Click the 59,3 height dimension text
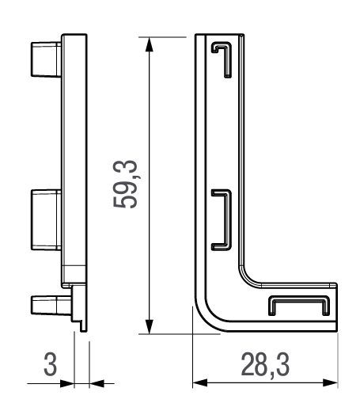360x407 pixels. click(125, 184)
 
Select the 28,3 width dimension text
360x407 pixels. click(265, 365)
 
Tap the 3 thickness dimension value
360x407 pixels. click(50, 364)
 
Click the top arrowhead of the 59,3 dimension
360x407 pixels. click(150, 44)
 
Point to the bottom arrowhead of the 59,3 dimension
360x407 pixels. click(150, 327)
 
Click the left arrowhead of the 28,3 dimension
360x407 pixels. click(200, 382)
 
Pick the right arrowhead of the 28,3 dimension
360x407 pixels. click(330, 382)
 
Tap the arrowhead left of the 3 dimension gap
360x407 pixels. click(67, 383)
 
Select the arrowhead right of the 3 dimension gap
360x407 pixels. click(97, 383)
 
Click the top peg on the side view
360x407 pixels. click(47, 59)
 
